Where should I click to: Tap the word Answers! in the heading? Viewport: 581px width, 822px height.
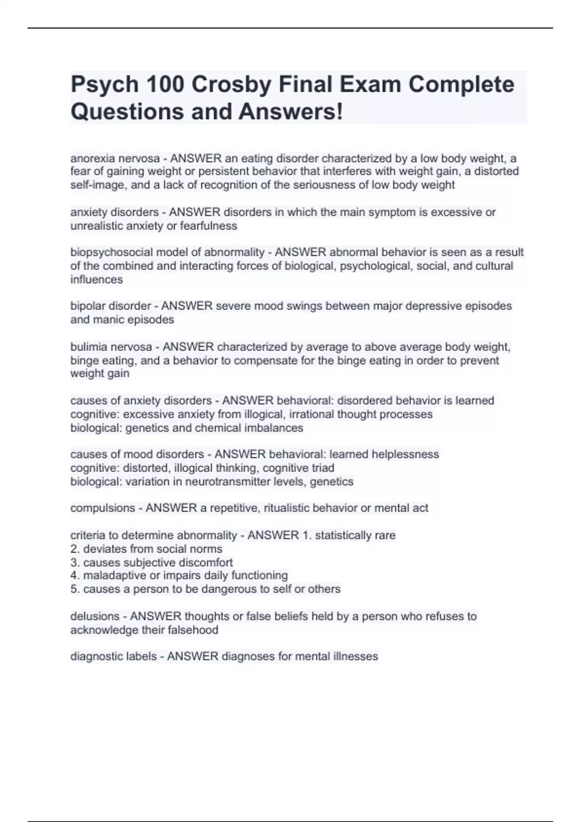tap(290, 112)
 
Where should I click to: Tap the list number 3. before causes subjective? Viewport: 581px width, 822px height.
tap(75, 563)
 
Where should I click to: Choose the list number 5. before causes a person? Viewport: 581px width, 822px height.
tap(75, 589)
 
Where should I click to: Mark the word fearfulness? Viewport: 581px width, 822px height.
tap(209, 226)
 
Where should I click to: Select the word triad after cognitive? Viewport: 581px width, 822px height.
tap(322, 468)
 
